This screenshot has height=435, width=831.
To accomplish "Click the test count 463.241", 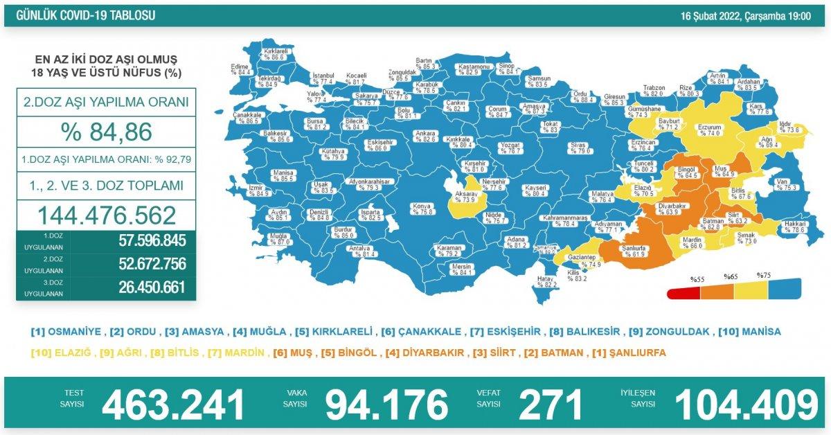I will (x=173, y=405).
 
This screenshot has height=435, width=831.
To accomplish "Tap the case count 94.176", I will (x=386, y=405).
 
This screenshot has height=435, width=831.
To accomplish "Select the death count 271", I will (x=553, y=405).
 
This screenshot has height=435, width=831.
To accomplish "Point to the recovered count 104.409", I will (x=746, y=405).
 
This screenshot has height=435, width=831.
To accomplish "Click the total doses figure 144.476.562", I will (x=107, y=215).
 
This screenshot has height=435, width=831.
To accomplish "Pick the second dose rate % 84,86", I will (x=107, y=131).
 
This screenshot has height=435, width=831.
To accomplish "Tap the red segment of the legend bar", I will (x=683, y=293).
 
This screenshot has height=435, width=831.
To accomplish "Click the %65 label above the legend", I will (x=730, y=276).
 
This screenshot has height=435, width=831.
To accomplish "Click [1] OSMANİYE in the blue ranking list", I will (x=66, y=332).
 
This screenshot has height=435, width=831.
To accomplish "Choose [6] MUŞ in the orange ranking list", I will (x=290, y=353).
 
